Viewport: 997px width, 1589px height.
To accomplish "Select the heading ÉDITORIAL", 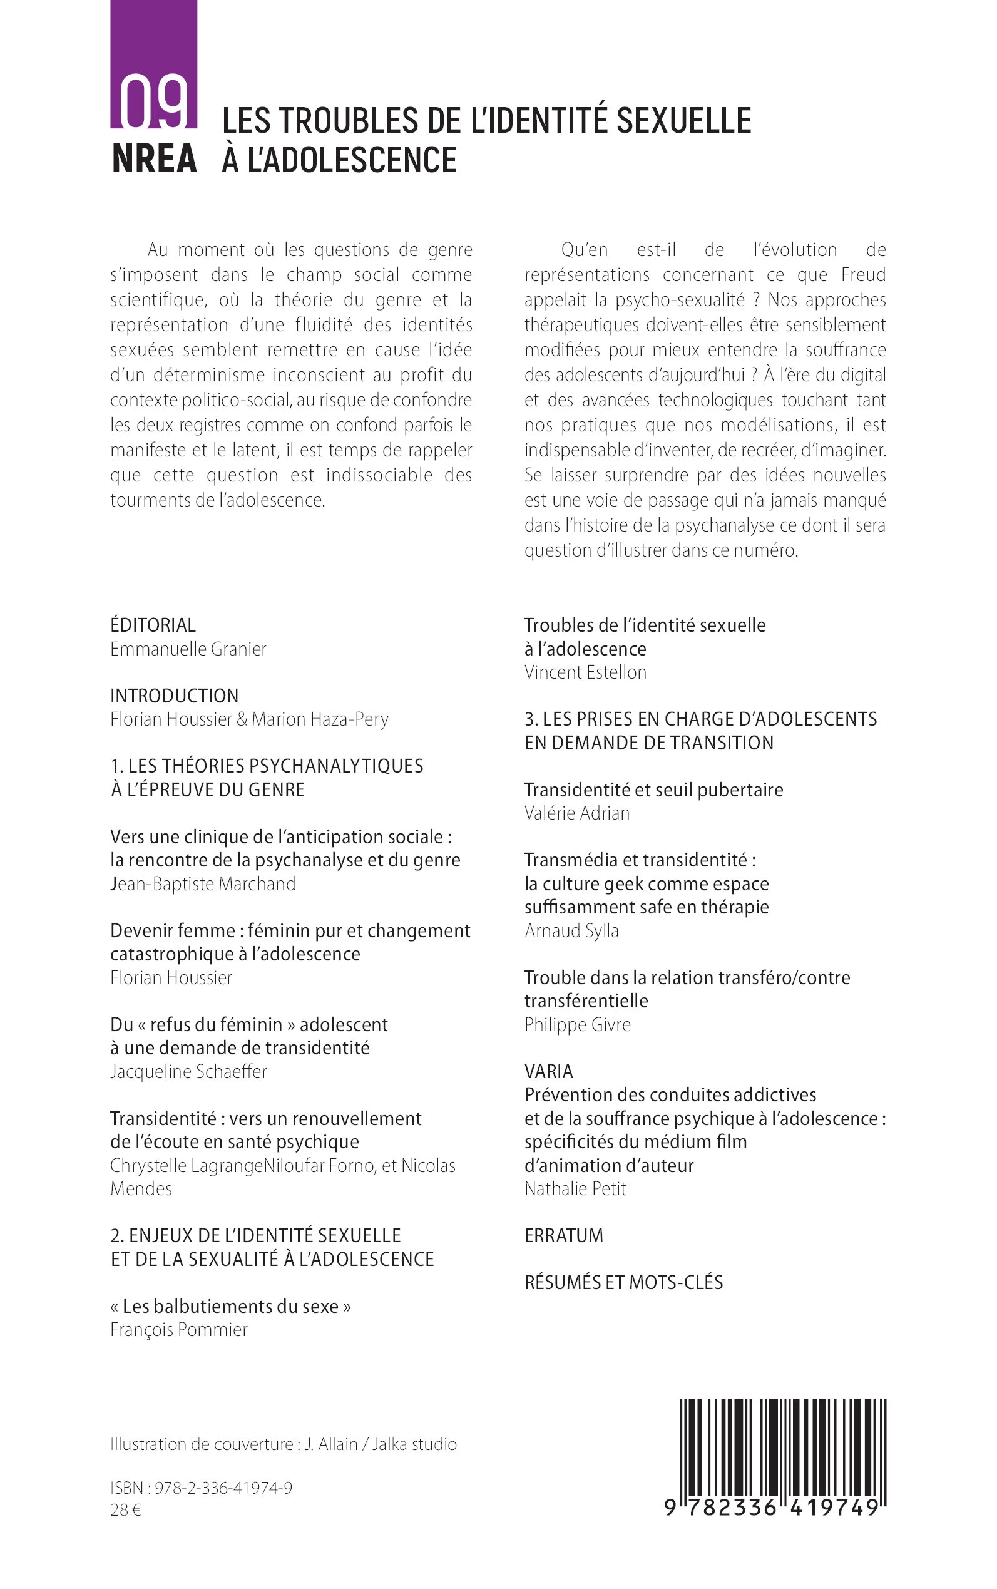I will coord(153,625).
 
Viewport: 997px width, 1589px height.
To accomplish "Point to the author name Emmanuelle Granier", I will coord(188,649).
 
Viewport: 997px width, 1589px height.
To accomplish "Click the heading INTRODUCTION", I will coord(174,695).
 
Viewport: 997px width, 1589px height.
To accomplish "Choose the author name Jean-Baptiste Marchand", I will coord(202,883).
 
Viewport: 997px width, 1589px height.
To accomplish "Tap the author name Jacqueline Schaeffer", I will coord(188,1071).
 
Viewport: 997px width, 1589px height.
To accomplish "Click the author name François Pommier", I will coord(179,1329).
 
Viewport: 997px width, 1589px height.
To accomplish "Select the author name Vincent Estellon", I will coord(585,672).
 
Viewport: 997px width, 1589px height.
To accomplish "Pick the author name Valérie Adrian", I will coord(576,813).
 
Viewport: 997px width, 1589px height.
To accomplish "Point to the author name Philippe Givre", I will coord(577,1024).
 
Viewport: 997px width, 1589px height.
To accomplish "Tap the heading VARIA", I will coord(549,1071).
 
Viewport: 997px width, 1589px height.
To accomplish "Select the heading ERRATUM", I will coord(563,1235).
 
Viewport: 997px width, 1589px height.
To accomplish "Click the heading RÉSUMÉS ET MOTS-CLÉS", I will coord(623,1282).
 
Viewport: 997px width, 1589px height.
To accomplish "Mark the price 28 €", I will coord(125,1510).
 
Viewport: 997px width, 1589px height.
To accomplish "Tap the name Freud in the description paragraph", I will coord(862,275).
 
